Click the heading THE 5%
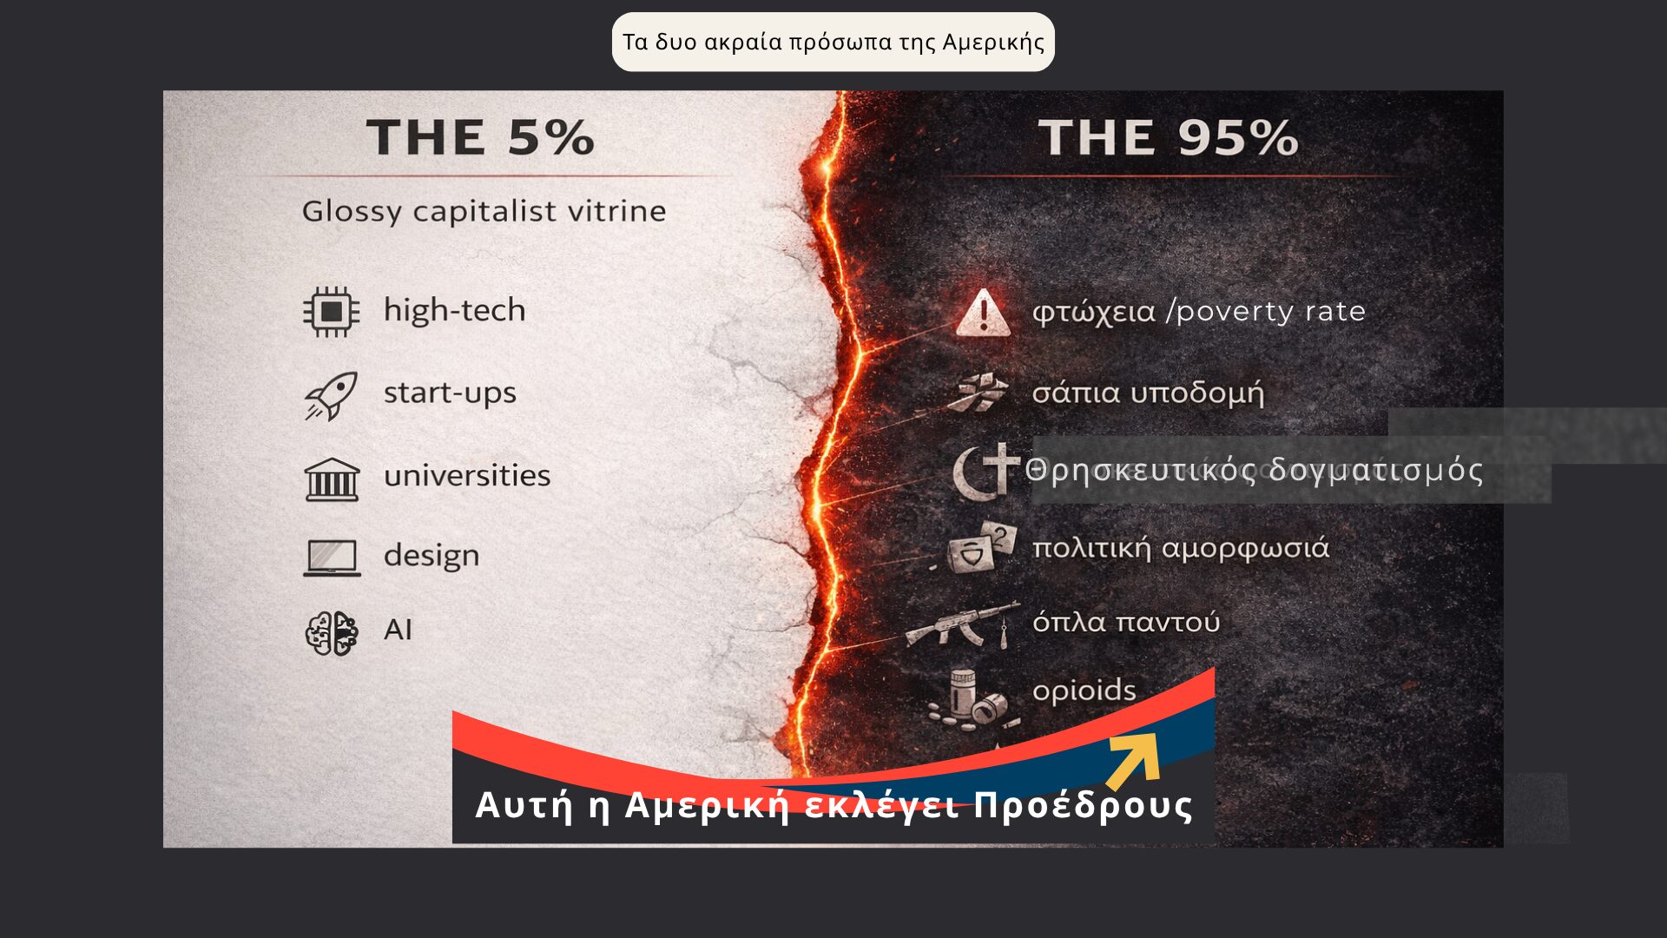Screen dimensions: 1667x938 click(480, 137)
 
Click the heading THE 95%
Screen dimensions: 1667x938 click(1168, 137)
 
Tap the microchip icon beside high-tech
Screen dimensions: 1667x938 click(331, 311)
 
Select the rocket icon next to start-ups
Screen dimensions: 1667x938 click(331, 396)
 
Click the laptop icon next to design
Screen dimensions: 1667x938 click(332, 558)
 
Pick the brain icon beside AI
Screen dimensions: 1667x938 click(332, 632)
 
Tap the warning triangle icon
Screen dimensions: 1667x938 click(983, 314)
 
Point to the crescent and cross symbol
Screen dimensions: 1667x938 click(986, 470)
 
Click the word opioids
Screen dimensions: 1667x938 click(1084, 690)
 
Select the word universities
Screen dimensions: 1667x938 click(467, 475)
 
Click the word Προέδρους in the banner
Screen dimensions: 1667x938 click(1084, 805)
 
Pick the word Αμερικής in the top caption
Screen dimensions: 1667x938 click(993, 43)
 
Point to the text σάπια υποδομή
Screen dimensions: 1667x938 click(1148, 393)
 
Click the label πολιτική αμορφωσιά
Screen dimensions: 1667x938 click(1181, 549)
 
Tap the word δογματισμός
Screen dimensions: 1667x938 click(1376, 471)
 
